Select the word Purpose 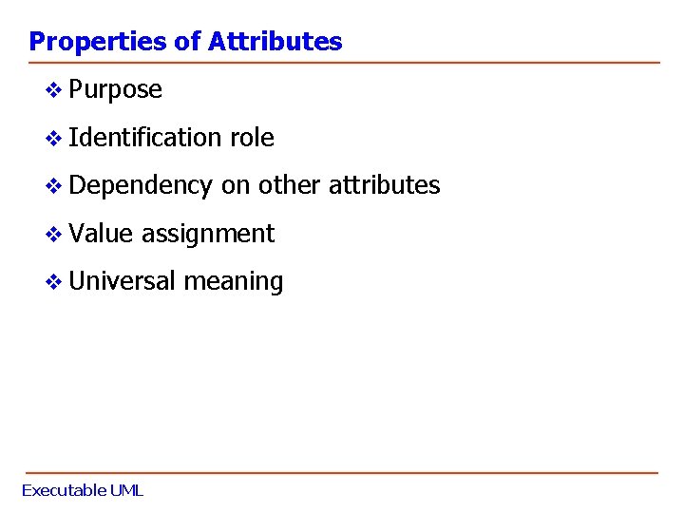pos(116,90)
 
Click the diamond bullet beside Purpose pos(55,90)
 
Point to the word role pos(252,138)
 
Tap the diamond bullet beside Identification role pos(55,138)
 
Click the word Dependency pos(141,186)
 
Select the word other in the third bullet pos(290,185)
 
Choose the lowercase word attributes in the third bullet pos(385,185)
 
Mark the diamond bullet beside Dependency pos(55,185)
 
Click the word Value pos(101,234)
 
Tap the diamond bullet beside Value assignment pos(55,234)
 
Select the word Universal pos(123,281)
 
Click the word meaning pos(234,282)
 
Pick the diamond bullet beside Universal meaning pos(55,281)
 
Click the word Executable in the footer pos(64,491)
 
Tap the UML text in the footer pos(126,491)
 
